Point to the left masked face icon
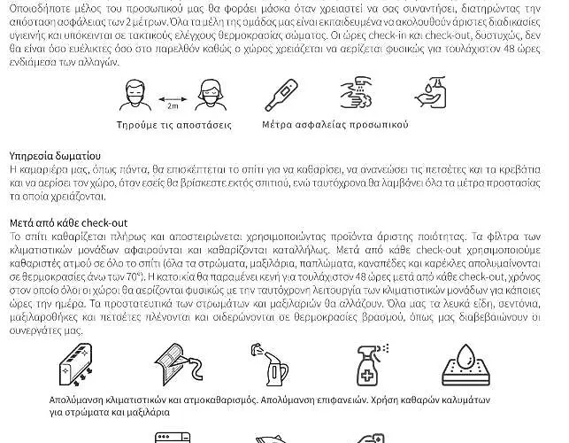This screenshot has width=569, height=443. [x=132, y=92]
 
